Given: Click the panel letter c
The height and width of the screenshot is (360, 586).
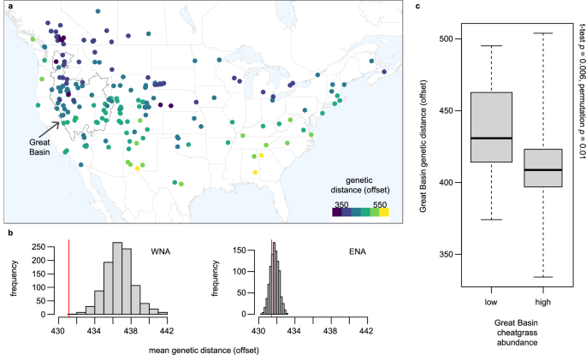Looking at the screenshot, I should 417,6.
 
